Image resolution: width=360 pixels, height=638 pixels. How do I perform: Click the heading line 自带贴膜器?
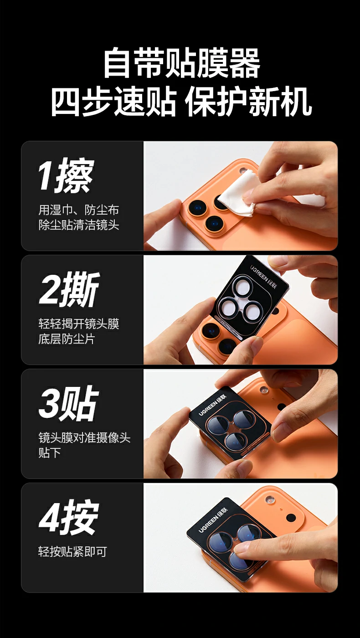(181, 63)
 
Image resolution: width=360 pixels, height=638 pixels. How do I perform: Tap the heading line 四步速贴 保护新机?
(181, 102)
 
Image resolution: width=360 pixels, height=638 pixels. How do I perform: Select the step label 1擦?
(66, 175)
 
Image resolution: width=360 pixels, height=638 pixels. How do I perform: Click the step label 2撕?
(69, 290)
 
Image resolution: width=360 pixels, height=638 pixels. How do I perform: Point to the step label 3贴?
(68, 404)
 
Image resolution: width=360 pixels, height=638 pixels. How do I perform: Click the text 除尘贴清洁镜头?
(78, 225)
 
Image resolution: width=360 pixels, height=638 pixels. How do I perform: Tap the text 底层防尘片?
(67, 339)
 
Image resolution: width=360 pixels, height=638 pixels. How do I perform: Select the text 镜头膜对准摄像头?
(84, 438)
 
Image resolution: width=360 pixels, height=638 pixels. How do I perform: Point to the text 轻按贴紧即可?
(72, 552)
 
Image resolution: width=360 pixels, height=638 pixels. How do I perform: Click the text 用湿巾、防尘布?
(78, 210)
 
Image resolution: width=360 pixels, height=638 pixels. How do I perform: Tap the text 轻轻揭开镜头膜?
(78, 324)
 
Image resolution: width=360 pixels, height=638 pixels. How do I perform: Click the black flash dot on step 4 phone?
(290, 517)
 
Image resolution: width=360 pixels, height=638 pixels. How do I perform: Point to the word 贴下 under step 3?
(50, 453)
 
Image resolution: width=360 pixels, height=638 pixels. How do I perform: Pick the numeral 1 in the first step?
(45, 175)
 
